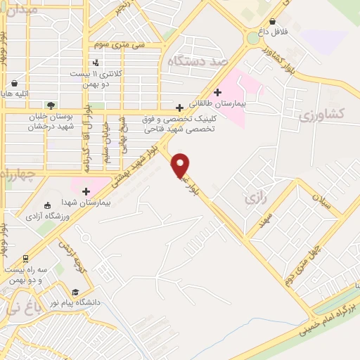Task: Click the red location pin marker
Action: click(181, 165)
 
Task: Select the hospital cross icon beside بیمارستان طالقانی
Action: click(218, 92)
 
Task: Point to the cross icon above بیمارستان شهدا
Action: click(86, 191)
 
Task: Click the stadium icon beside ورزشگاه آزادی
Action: click(47, 205)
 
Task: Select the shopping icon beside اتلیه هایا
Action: click(14, 83)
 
